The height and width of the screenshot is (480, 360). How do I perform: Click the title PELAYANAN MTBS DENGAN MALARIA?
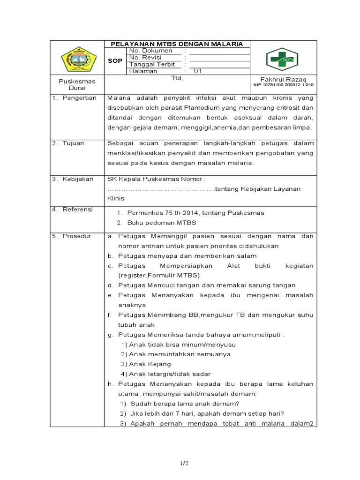tap(176, 44)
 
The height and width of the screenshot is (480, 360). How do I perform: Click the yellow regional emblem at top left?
tap(78, 59)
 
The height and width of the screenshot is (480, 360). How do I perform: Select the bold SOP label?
tap(115, 61)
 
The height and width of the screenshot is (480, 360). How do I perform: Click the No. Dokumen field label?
tap(150, 51)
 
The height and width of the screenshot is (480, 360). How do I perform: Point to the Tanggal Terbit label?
tap(152, 64)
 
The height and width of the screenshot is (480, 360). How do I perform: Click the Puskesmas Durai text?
tap(77, 84)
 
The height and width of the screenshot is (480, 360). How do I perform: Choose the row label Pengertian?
tap(79, 98)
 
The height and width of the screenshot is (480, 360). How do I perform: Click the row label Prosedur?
tap(77, 236)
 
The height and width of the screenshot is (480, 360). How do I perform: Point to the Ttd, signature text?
tap(177, 79)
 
